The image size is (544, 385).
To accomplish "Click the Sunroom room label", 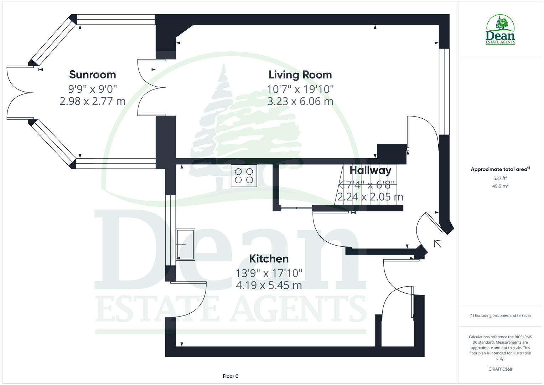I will point(93,75).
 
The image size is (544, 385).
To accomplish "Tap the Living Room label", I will point(300,75).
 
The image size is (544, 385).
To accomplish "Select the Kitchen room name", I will point(269,258).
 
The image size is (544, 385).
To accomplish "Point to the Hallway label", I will point(370,170).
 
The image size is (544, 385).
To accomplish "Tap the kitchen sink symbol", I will point(186,245).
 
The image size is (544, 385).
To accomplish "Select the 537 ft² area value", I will point(500,178).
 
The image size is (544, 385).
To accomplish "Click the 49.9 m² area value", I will point(500,186).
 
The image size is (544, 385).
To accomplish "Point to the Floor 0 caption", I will point(230,376).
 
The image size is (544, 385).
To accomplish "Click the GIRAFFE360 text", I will point(500,369).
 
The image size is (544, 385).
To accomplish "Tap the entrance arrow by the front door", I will point(437,243).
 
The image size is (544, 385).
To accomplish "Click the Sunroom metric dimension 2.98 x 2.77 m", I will point(93,101).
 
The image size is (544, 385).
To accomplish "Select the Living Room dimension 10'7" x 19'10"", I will point(300,89).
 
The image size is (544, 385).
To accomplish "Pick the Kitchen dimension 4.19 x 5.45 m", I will point(269,285).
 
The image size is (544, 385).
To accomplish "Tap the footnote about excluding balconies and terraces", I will point(500,315).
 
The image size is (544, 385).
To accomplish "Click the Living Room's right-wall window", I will point(444,91).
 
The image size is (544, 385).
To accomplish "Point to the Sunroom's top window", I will point(116,19).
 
